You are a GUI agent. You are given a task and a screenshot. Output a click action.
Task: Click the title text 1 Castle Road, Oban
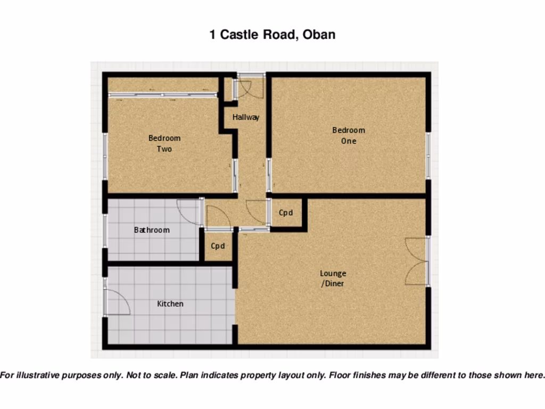pos(272,35)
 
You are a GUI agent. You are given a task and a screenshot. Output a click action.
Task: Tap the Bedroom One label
pos(349,135)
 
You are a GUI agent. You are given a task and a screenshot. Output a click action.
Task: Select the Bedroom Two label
pos(164,143)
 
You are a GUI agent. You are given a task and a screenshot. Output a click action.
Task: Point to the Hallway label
pos(245,117)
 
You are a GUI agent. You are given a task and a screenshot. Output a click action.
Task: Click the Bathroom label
pos(152,230)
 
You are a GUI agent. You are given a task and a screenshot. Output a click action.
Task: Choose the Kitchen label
pos(170,304)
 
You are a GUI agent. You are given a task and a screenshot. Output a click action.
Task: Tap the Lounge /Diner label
pos(333,279)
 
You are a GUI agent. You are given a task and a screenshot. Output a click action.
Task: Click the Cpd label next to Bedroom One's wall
pos(286,213)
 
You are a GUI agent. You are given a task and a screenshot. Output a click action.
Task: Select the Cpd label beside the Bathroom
pos(218,246)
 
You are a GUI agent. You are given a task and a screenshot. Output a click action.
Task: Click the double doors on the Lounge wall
pos(417,261)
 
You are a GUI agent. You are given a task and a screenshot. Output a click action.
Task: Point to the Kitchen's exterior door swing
pos(117,302)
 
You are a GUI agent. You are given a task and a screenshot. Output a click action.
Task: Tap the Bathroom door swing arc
pos(188,211)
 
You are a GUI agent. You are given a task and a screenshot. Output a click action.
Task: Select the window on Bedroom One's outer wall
pos(428,156)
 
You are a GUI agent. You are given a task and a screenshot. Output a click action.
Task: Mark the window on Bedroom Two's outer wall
pos(105,157)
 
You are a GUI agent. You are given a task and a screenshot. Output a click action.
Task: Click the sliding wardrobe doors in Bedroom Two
pos(162,95)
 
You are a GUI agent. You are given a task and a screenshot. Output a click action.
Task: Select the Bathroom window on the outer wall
pos(105,230)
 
